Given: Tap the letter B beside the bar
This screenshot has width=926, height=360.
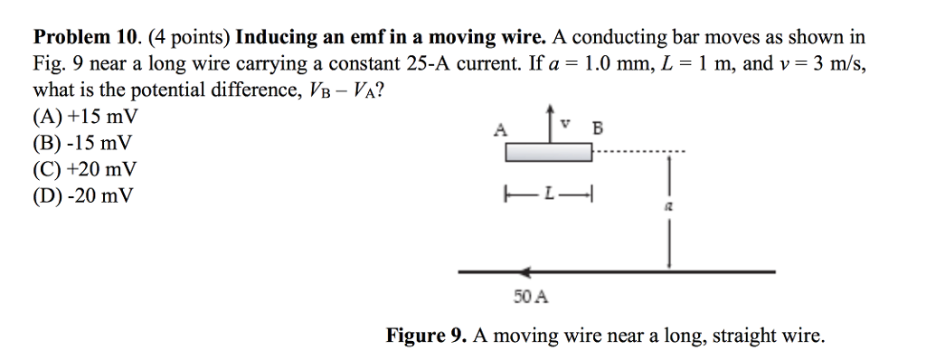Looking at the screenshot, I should [x=596, y=128].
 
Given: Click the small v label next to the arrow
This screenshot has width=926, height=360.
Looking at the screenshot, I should [x=564, y=118].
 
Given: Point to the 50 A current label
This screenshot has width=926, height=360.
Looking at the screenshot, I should [x=530, y=296].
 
